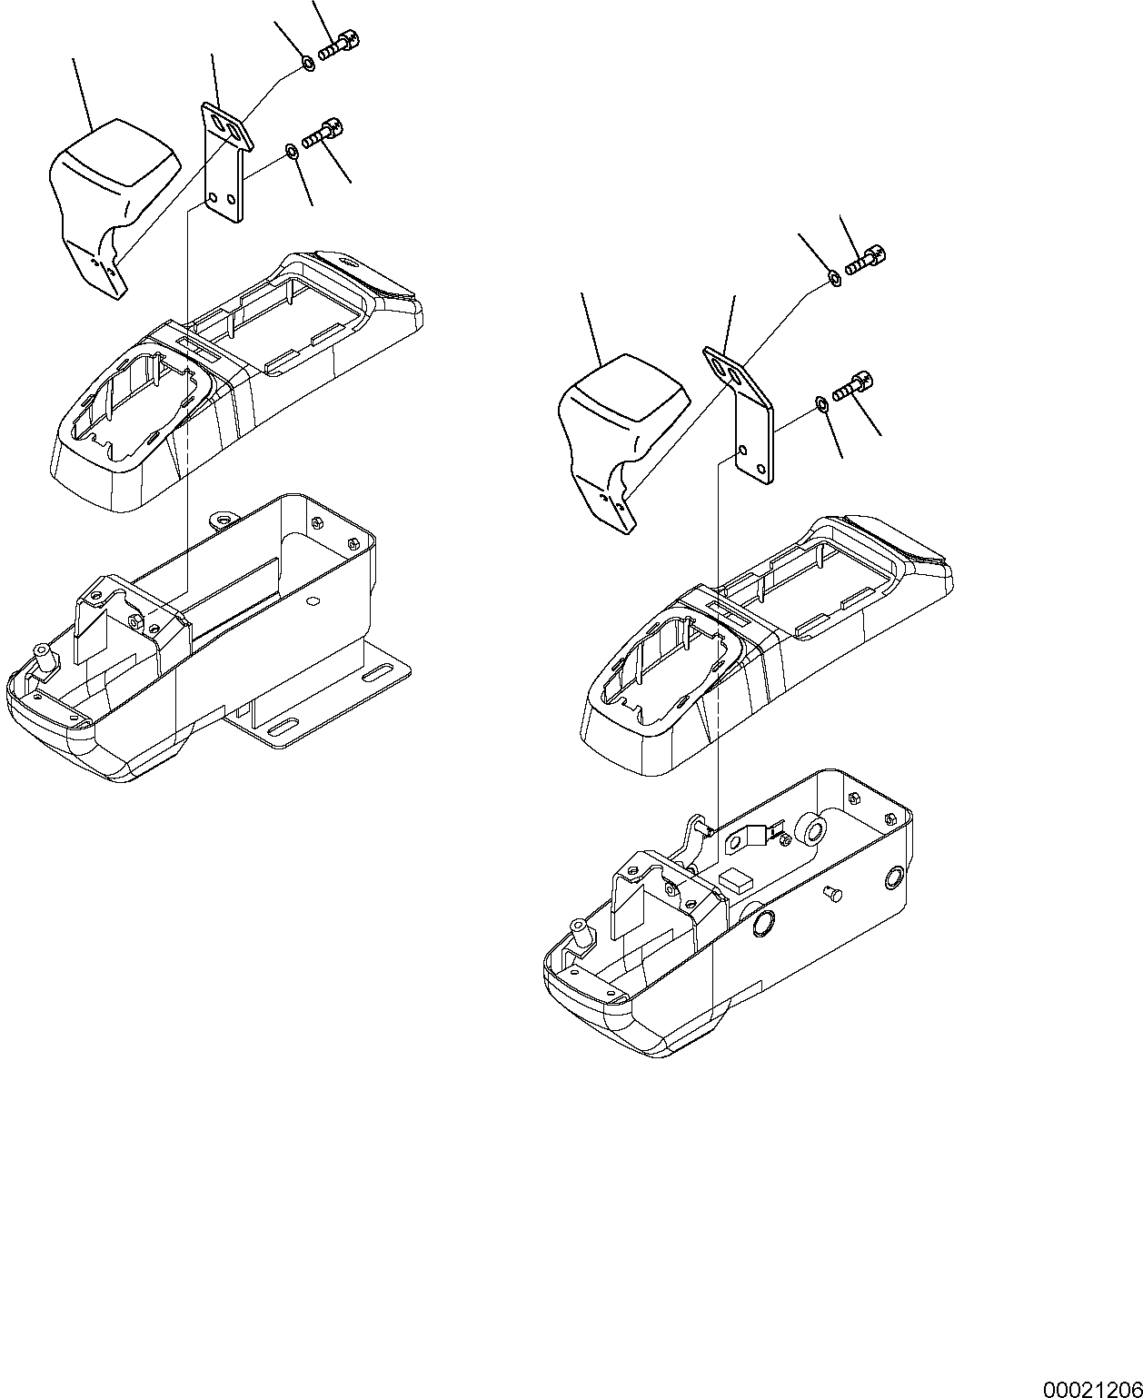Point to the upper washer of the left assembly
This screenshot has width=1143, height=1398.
[x=308, y=64]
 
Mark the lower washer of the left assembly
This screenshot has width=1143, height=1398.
[x=290, y=149]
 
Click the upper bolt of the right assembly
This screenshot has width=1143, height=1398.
[x=866, y=260]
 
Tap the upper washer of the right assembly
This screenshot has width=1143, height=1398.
[x=834, y=277]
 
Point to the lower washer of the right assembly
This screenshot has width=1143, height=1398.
[x=820, y=402]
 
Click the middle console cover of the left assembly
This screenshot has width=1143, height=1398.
[x=236, y=382]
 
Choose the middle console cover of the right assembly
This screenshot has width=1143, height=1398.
[x=768, y=645]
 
